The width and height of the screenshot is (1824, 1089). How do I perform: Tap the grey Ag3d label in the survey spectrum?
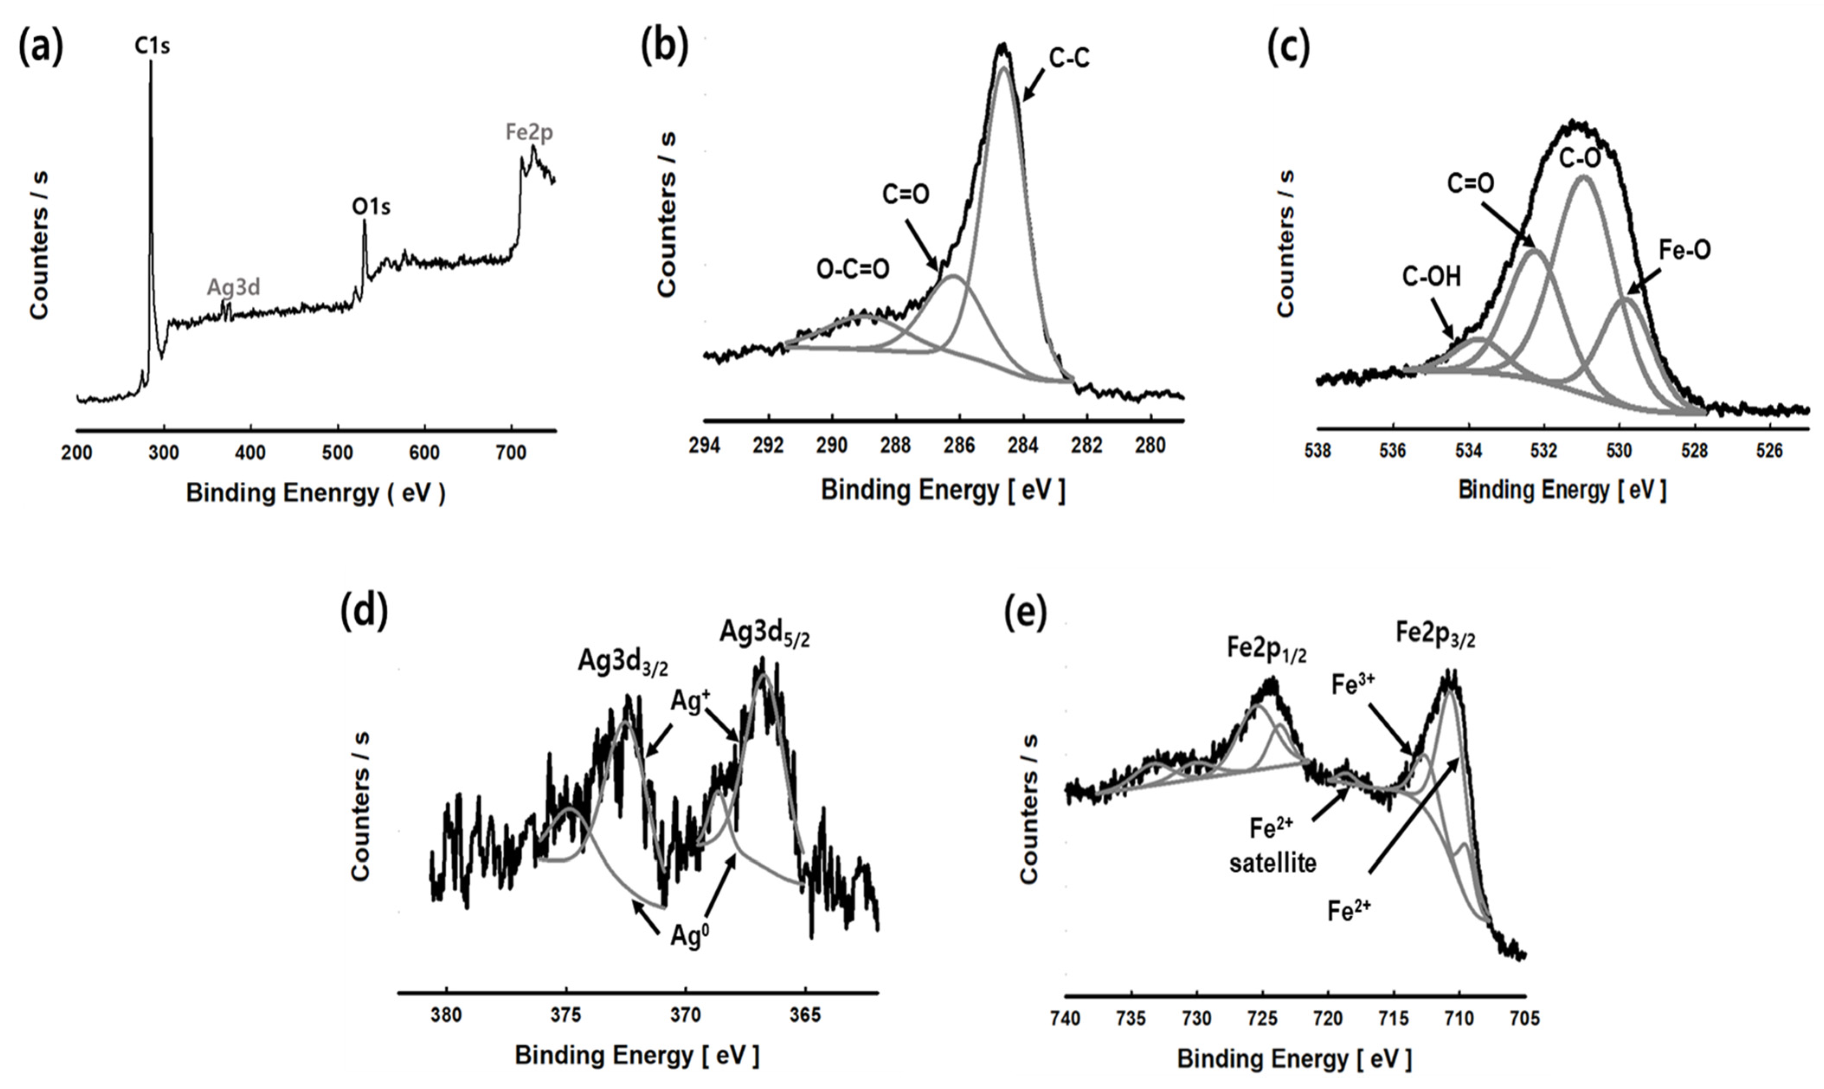pyautogui.click(x=233, y=287)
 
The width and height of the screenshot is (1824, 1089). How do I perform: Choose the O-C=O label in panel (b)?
pyautogui.click(x=852, y=269)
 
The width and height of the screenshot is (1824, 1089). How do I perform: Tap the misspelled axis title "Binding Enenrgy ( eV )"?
pyautogui.click(x=315, y=493)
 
